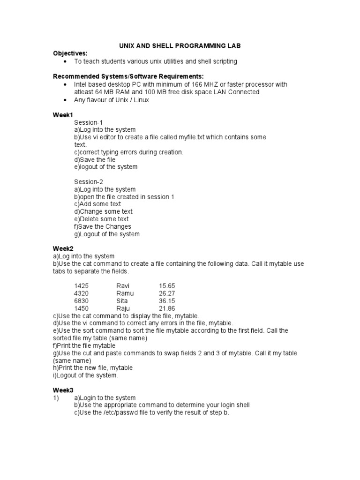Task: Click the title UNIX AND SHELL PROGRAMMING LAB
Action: [x=180, y=46]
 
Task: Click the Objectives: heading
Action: [x=70, y=53]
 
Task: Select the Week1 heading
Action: [x=63, y=114]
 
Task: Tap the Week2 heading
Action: [x=63, y=248]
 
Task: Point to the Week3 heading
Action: [x=63, y=390]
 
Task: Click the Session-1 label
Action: [x=88, y=122]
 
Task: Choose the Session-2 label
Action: [x=89, y=181]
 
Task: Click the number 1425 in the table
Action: [x=82, y=285]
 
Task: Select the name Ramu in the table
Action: [x=125, y=293]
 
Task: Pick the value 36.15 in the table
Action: [x=167, y=300]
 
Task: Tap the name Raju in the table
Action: [x=124, y=308]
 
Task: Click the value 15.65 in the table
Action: [x=167, y=285]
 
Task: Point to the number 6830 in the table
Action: [x=82, y=300]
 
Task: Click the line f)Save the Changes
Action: [x=103, y=226]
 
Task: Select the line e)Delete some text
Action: [x=101, y=219]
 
